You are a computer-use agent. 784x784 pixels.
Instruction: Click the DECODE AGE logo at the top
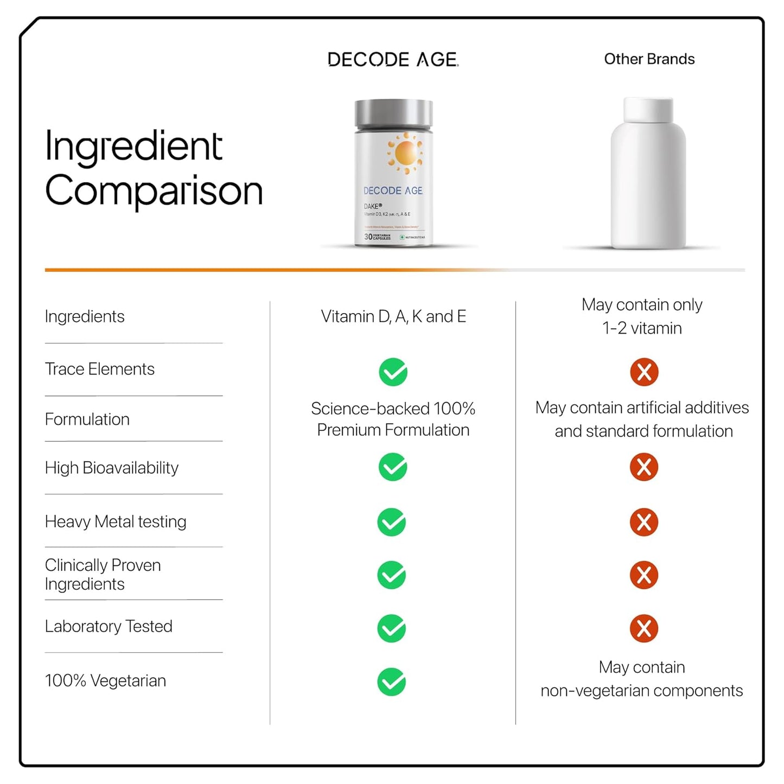[393, 60]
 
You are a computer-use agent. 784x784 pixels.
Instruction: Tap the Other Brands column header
[649, 59]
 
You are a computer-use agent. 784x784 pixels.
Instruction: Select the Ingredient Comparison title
[154, 168]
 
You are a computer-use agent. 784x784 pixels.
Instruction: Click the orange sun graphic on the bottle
[405, 152]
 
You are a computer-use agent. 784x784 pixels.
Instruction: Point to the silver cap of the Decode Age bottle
[393, 113]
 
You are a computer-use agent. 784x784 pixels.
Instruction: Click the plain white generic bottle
[648, 174]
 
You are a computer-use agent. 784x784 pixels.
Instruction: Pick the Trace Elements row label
[100, 369]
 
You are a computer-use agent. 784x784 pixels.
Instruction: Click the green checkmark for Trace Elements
[393, 372]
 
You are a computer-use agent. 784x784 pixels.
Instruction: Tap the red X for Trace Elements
[644, 372]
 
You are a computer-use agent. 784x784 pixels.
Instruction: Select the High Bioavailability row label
[112, 468]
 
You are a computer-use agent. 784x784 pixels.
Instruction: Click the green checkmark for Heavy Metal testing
[392, 522]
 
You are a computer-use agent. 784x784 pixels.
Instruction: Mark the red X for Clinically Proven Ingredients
[644, 575]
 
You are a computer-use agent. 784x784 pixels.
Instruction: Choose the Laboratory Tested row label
[109, 627]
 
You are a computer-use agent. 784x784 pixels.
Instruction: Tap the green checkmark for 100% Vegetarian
[392, 682]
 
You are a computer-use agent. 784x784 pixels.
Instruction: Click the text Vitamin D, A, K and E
[393, 316]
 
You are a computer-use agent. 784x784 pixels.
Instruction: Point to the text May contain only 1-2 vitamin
[642, 316]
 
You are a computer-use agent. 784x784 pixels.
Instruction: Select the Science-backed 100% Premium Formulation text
[393, 419]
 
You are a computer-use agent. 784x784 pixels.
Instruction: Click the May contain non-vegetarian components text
[642, 679]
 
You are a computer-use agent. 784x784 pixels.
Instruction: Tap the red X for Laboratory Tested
[644, 628]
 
